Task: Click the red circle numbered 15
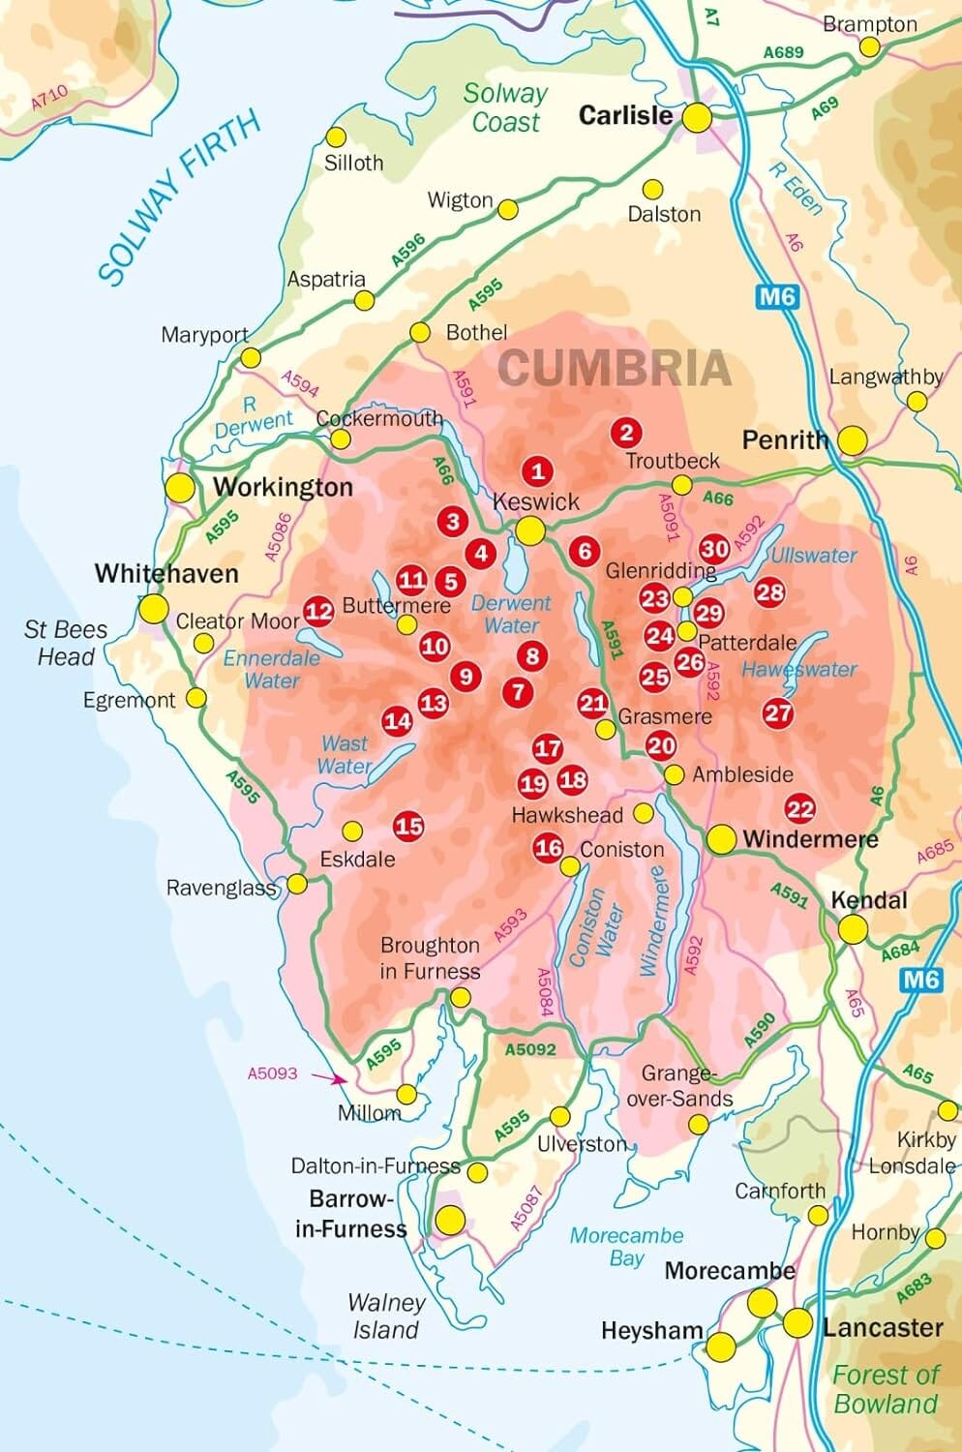pos(408,826)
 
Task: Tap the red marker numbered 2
pos(626,433)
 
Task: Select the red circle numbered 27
pos(778,713)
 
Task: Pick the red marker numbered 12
pos(318,610)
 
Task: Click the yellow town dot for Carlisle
pos(697,118)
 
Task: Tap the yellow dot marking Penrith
pos(852,440)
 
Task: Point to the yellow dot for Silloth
pos(336,137)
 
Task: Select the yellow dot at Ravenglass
pos(297,884)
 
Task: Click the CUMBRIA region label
pos(614,368)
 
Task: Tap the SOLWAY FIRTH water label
pos(179,198)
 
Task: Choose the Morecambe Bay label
pos(626,1247)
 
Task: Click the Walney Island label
pos(386,1316)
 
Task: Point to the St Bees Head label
pos(66,643)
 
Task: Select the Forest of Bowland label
pos(886,1389)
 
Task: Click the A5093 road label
pos(272,1074)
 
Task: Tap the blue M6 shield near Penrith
pos(777,296)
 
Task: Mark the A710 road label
pos(49,98)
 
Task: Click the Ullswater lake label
pos(813,556)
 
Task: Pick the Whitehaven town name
pos(165,573)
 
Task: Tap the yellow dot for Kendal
pos(853,929)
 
